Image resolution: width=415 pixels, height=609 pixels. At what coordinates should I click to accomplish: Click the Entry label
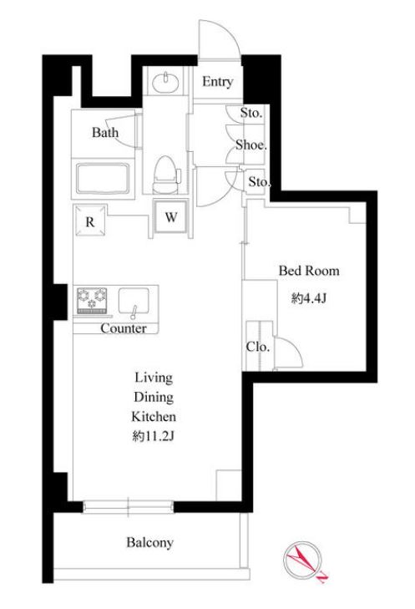click(x=217, y=82)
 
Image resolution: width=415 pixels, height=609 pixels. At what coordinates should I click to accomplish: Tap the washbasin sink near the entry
click(x=166, y=83)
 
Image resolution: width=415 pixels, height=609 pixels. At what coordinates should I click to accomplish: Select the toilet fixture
click(x=166, y=175)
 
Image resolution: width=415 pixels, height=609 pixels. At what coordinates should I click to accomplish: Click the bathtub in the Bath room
click(x=103, y=179)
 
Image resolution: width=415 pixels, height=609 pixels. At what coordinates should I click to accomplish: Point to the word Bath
click(x=105, y=133)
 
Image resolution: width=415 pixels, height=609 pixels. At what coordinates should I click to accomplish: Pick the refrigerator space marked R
click(x=90, y=221)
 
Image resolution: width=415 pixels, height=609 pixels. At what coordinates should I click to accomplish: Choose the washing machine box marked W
click(x=171, y=216)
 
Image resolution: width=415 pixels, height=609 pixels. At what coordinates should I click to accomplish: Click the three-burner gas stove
click(x=92, y=300)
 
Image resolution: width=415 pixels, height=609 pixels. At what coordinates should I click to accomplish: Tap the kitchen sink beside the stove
click(x=134, y=301)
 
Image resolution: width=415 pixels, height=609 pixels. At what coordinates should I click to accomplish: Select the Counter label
click(x=124, y=328)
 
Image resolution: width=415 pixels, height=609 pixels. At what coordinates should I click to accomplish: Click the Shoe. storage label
click(x=251, y=145)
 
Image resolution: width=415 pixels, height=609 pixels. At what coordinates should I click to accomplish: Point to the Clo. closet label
click(x=258, y=347)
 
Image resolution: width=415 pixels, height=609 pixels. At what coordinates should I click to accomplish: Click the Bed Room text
click(x=309, y=271)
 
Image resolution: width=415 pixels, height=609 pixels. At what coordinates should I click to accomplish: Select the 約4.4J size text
click(x=310, y=298)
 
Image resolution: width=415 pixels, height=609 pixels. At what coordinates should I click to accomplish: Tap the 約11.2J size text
click(x=154, y=436)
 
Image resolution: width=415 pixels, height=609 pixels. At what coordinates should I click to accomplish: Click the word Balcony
click(x=149, y=542)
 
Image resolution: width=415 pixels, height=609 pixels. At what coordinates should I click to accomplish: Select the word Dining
click(x=154, y=398)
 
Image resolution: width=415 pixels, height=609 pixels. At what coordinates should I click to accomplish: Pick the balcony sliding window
click(x=128, y=507)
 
